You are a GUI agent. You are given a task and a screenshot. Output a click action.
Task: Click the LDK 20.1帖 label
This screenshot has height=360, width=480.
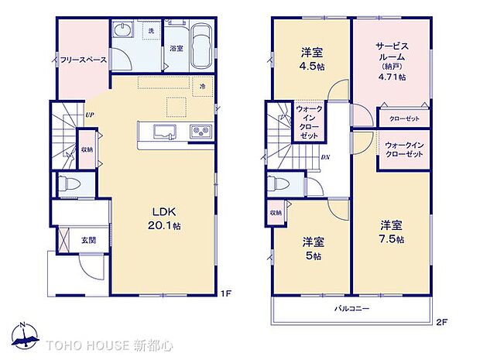(x=166, y=218)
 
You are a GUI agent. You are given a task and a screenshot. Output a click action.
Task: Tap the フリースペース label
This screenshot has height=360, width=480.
(x=83, y=59)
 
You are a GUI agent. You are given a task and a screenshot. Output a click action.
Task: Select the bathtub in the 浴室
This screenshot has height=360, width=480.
(x=201, y=47)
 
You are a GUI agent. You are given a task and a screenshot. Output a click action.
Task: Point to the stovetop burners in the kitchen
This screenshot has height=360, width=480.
(x=201, y=131)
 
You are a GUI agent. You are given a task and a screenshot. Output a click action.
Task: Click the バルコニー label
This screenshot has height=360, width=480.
(x=351, y=308)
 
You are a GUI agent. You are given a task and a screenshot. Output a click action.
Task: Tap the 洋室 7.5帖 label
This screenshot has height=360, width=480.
(x=390, y=231)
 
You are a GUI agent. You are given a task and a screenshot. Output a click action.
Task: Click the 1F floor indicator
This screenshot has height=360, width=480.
(x=226, y=293)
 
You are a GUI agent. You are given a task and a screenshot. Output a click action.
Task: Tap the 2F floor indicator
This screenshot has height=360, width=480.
(x=442, y=321)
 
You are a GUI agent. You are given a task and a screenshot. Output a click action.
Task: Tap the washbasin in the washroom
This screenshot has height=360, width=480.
(x=124, y=31)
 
